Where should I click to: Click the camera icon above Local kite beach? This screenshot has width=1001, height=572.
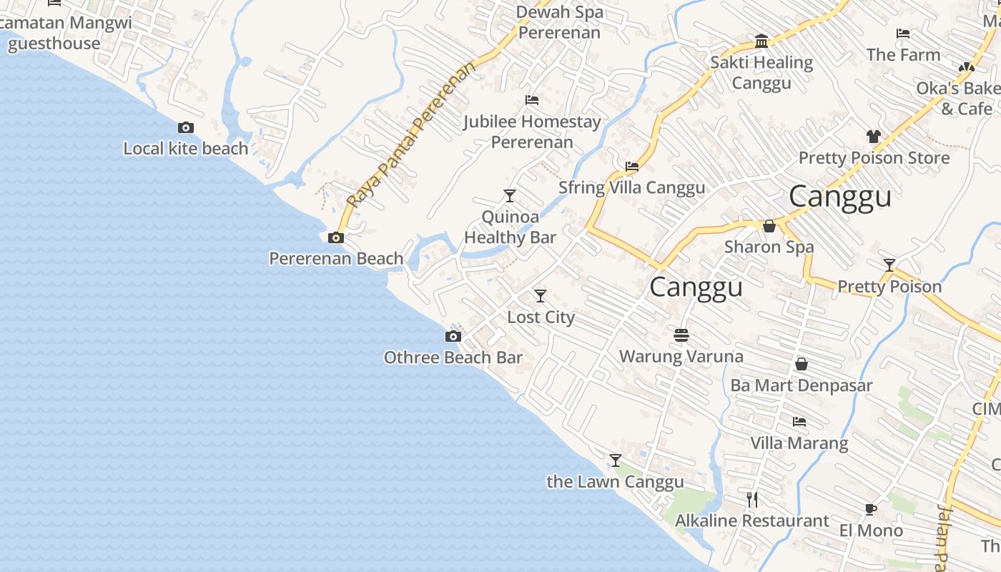(186, 128)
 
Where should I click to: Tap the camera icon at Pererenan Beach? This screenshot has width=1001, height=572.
(335, 238)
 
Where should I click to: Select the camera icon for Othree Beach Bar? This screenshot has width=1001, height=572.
(453, 337)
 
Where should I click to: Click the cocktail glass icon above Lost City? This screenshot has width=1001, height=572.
(541, 296)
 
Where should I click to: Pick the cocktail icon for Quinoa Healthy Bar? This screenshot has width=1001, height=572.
(510, 196)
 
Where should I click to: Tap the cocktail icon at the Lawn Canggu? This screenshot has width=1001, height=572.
(616, 460)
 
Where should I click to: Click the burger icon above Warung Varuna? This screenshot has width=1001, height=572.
(681, 335)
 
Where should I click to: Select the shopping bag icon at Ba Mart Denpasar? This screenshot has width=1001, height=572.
(802, 365)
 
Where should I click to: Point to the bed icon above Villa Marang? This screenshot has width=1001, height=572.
(799, 422)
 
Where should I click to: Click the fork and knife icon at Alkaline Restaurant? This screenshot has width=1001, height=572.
(752, 499)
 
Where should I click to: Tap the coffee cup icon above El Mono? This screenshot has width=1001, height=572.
(870, 510)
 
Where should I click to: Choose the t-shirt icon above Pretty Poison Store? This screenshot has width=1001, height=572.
(873, 137)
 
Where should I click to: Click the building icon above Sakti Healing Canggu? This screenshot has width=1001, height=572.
(761, 41)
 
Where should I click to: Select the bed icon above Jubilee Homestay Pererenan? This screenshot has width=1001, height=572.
(532, 100)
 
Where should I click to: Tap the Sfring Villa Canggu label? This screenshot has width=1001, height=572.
(631, 188)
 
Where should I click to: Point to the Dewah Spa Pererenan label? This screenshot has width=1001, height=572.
(561, 22)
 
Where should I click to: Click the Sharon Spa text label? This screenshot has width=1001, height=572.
(769, 247)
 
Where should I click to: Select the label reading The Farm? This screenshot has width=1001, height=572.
(903, 55)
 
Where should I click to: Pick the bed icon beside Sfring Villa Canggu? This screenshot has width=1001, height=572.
(632, 167)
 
